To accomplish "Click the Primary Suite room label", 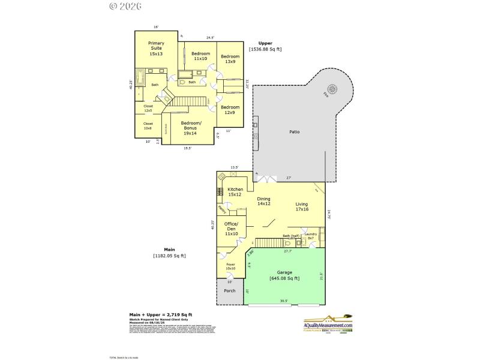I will click(x=156, y=49).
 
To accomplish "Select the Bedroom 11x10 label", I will click(x=200, y=56).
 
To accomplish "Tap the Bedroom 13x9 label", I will click(x=230, y=59).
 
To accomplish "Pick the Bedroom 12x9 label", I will click(x=230, y=110).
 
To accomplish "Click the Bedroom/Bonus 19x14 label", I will click(x=191, y=127).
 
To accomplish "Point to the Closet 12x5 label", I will click(x=148, y=108).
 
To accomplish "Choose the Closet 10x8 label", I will click(x=148, y=126).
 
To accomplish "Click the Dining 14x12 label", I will click(x=264, y=201).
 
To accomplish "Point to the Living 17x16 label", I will click(x=301, y=207).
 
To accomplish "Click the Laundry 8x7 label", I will click(x=311, y=236).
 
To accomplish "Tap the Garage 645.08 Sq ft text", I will click(x=284, y=275).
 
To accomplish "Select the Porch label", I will click(x=230, y=291).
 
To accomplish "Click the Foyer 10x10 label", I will click(x=230, y=265).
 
